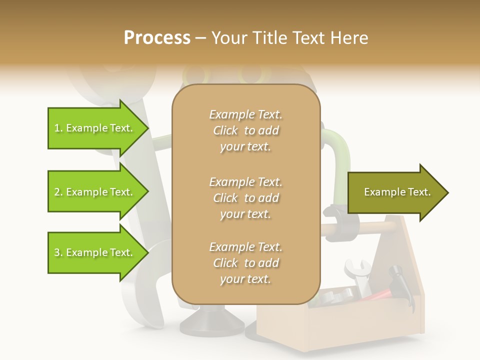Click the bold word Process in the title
tap(157, 38)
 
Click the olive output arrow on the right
tap(397, 192)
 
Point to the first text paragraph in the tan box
tap(245, 130)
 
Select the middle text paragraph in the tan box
tap(245, 198)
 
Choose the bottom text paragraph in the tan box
tap(245, 263)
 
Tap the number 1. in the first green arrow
tap(58, 128)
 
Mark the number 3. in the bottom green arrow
tap(58, 252)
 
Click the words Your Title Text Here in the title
tap(289, 38)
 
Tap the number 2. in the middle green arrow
tap(58, 192)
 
